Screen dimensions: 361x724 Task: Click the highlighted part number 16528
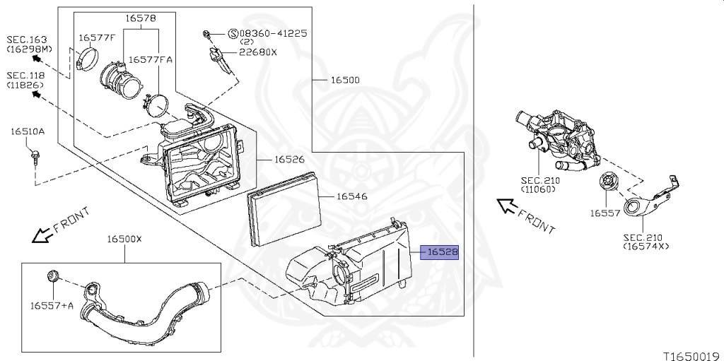click(x=440, y=252)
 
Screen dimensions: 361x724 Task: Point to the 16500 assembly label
click(x=345, y=80)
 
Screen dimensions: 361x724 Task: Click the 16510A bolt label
click(x=27, y=131)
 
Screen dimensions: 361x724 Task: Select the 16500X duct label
click(x=124, y=239)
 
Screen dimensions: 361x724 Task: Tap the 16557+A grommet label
click(x=52, y=305)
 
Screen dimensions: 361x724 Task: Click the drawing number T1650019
click(x=690, y=355)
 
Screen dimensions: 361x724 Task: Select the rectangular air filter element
click(x=284, y=209)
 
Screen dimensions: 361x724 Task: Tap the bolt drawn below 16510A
click(x=35, y=154)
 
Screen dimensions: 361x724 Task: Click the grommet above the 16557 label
click(x=608, y=183)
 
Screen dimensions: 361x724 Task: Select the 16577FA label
click(x=156, y=60)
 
